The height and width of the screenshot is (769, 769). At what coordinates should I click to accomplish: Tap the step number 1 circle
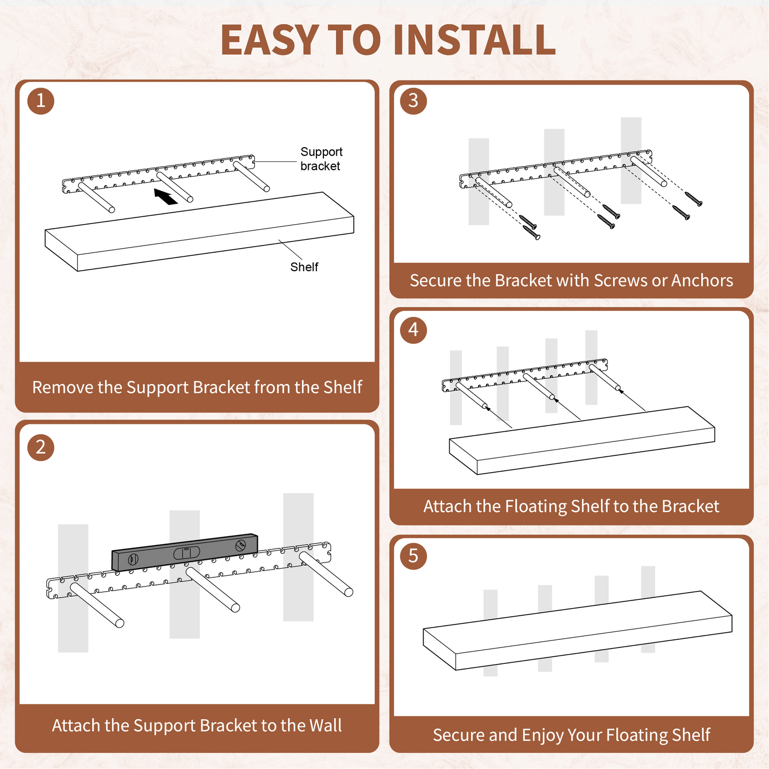pos(41,100)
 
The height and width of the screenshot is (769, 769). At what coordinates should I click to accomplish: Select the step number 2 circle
pos(41,447)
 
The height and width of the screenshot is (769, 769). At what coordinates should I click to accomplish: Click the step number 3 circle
pos(413,100)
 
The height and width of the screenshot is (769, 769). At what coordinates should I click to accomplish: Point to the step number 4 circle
pos(413,330)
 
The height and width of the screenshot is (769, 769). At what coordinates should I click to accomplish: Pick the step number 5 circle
pos(413,556)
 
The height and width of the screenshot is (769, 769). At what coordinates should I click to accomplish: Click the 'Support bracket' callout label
pos(321,159)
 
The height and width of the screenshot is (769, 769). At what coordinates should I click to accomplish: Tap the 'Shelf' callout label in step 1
pos(304,267)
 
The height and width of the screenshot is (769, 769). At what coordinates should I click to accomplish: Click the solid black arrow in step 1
pos(166,196)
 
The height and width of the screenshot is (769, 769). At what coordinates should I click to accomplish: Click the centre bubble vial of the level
pos(186,553)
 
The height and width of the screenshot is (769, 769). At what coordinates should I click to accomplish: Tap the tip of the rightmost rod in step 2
pos(349,592)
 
